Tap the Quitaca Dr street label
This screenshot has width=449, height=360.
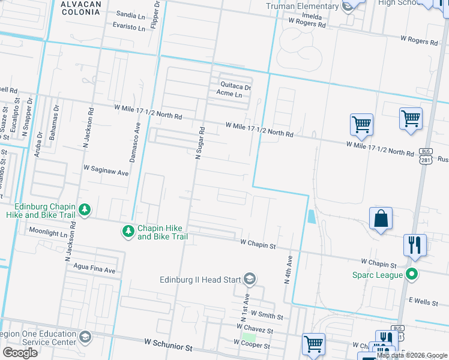(235, 86)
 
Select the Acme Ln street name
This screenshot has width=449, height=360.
(229, 94)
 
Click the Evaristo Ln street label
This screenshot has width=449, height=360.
(129, 27)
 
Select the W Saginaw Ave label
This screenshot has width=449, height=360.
(106, 172)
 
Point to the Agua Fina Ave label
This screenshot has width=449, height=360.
(94, 270)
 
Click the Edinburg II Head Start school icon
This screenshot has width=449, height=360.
(250, 278)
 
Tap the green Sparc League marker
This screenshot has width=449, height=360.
(411, 275)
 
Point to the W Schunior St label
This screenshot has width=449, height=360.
(167, 347)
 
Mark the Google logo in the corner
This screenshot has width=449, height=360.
(20, 353)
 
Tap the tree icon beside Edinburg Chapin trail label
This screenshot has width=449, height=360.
(85, 209)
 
